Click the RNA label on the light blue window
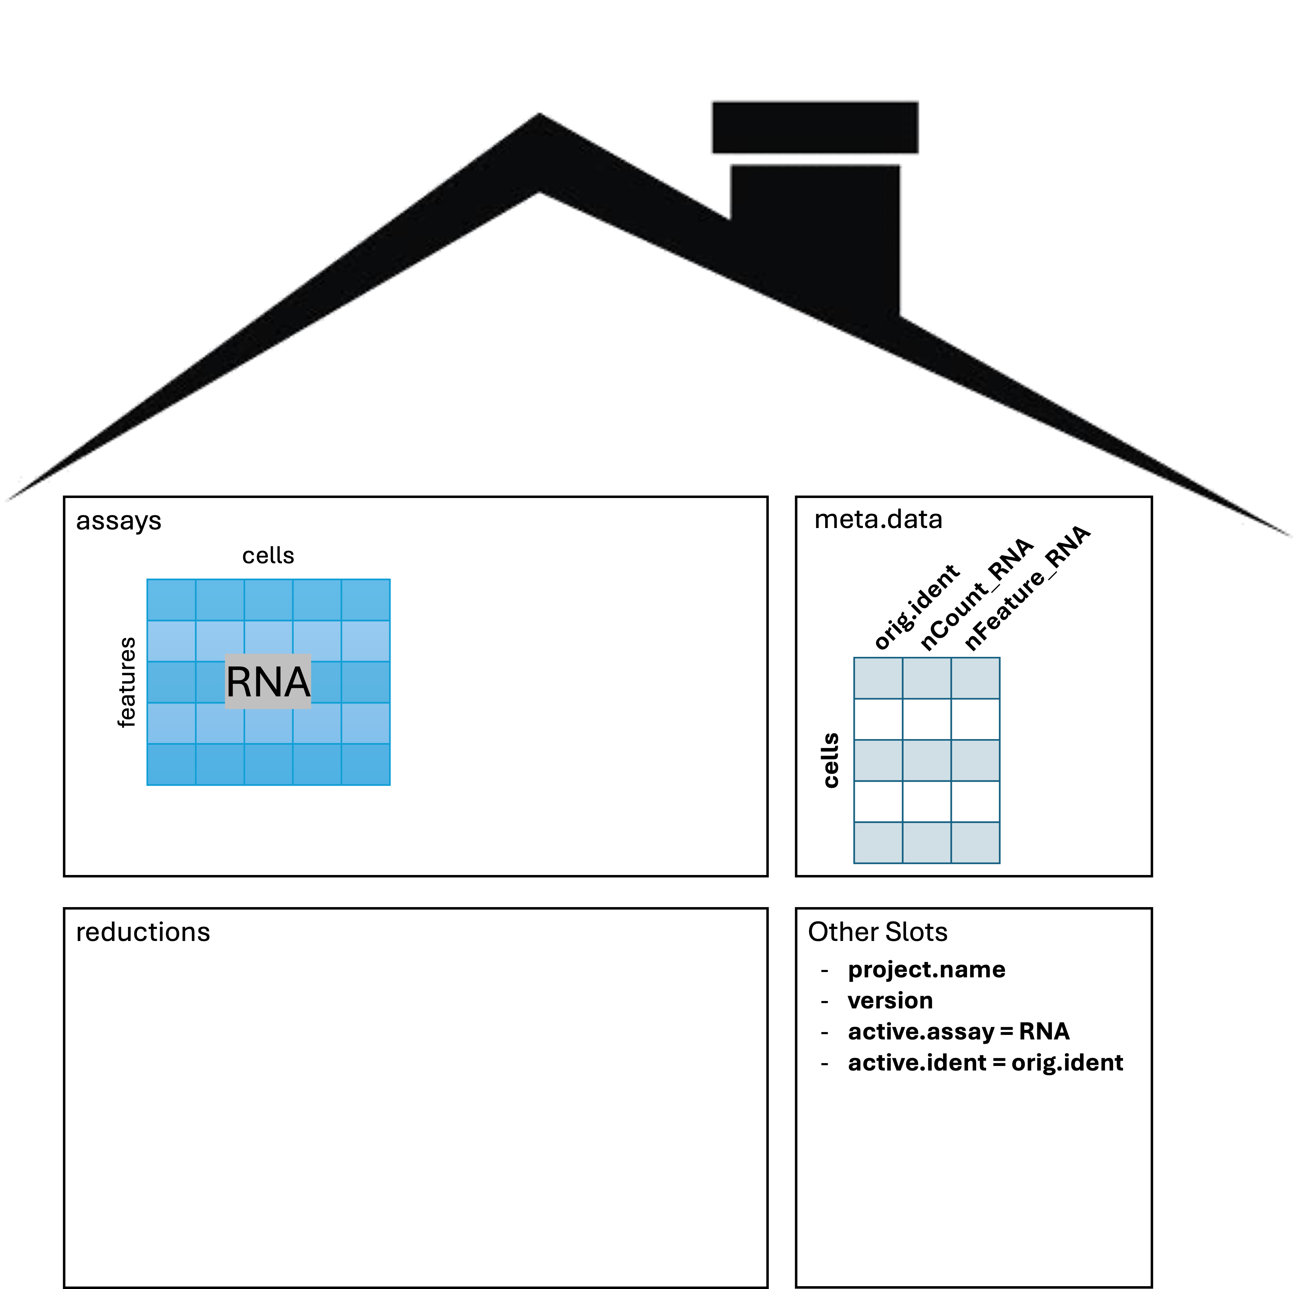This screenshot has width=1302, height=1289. point(268,681)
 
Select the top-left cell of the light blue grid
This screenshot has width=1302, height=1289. point(171,600)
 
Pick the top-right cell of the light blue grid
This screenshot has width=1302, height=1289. point(365,600)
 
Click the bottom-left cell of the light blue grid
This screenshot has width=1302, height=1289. point(171,764)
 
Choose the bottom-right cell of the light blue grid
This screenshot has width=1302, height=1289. point(365,764)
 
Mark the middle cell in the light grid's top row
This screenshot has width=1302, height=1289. point(268,600)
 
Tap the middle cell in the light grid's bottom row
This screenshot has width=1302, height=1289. point(268,764)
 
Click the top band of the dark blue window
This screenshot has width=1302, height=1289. point(926,678)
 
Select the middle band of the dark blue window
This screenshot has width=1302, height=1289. point(926,760)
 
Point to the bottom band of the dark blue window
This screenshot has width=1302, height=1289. point(926,842)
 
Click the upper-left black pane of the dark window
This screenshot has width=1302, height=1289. point(878,719)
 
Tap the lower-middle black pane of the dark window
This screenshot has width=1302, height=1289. point(926,801)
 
